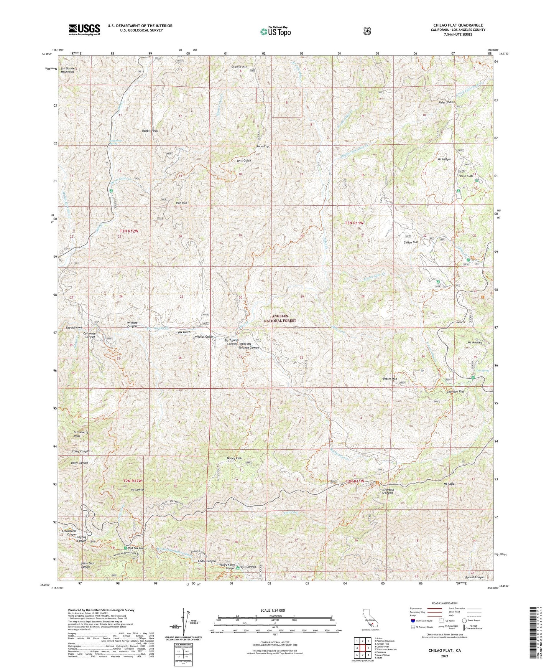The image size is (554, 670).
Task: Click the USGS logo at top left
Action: (84, 30)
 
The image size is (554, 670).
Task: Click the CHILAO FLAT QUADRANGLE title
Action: (458, 25)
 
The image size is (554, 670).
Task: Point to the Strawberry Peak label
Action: (81, 434)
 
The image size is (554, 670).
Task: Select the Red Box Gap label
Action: (136, 548)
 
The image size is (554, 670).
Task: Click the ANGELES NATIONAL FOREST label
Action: (279, 318)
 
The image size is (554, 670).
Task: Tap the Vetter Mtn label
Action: (390, 379)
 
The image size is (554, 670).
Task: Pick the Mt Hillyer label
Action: (444, 159)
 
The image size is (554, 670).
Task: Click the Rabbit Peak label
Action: (150, 131)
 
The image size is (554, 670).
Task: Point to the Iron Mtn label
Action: (181, 203)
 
